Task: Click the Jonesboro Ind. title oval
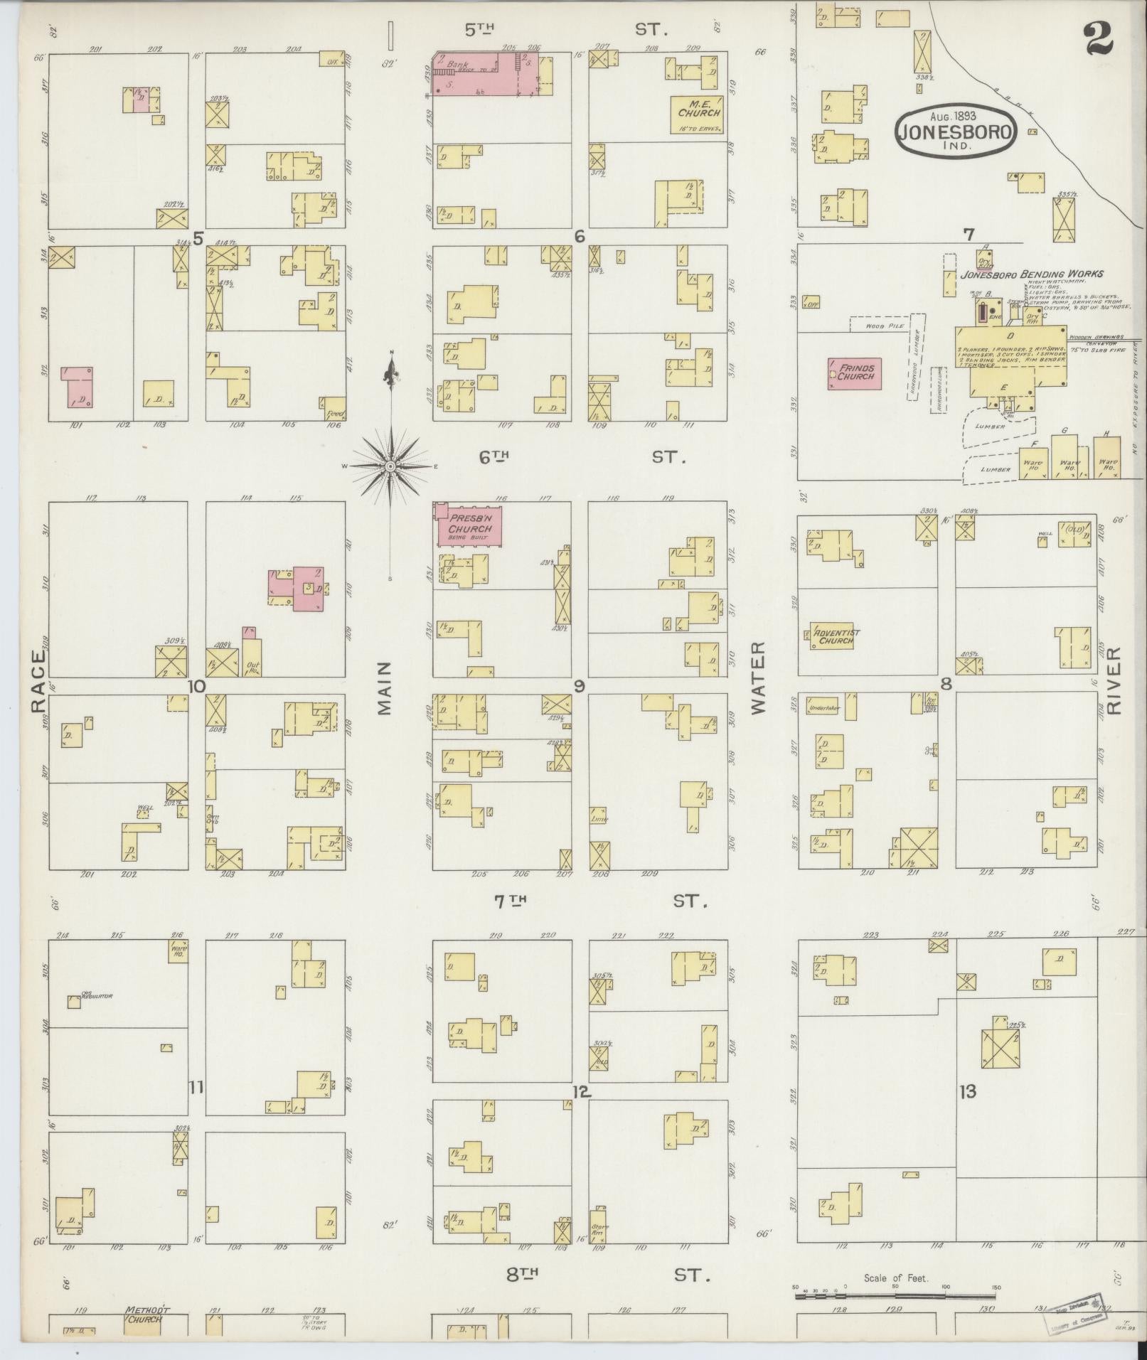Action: click(x=956, y=130)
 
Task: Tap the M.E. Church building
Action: click(x=698, y=114)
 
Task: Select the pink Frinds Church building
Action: click(x=855, y=373)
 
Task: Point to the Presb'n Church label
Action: click(x=470, y=529)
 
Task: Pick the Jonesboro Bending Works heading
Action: click(x=1031, y=274)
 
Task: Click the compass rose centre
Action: click(x=390, y=466)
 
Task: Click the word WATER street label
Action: click(x=757, y=678)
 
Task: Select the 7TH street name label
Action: click(x=510, y=901)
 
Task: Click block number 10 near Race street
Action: click(x=196, y=686)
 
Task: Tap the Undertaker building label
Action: click(x=823, y=708)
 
